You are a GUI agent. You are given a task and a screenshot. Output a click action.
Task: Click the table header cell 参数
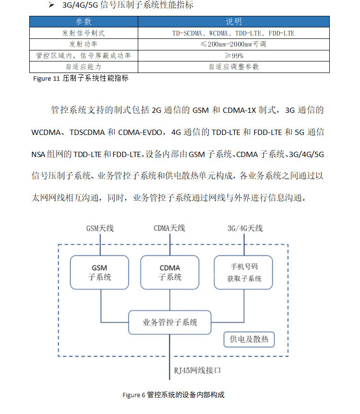(x=84, y=22)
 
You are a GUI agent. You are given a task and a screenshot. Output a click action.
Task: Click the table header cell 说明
(x=234, y=22)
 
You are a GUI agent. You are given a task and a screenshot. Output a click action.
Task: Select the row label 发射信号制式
(x=84, y=33)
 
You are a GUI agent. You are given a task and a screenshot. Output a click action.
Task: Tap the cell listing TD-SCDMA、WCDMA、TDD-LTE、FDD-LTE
(x=234, y=33)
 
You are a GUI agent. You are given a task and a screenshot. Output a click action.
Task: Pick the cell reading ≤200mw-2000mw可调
(x=234, y=44)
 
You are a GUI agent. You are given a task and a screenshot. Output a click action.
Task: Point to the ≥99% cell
(x=234, y=56)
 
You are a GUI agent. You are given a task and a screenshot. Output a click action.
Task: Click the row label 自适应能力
(x=84, y=67)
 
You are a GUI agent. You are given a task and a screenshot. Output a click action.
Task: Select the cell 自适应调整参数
(x=234, y=67)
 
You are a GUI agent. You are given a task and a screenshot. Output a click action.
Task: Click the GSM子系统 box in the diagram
(x=100, y=272)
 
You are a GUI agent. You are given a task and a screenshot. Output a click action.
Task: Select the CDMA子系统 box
(x=169, y=272)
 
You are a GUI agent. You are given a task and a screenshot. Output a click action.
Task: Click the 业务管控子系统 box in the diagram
(x=169, y=322)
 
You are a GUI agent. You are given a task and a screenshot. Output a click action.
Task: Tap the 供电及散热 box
(x=249, y=340)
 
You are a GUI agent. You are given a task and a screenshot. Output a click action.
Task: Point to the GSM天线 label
(x=100, y=228)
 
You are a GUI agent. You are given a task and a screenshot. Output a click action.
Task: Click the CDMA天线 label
(x=169, y=228)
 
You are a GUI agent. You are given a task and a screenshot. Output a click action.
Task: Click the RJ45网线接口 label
(x=197, y=371)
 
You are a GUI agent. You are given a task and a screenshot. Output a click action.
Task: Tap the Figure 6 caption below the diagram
(x=173, y=395)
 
